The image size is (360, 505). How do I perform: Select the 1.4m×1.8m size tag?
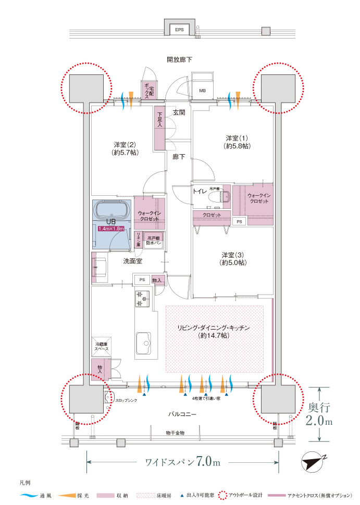[x=111, y=229]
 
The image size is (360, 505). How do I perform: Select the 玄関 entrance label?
[x=179, y=112]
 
